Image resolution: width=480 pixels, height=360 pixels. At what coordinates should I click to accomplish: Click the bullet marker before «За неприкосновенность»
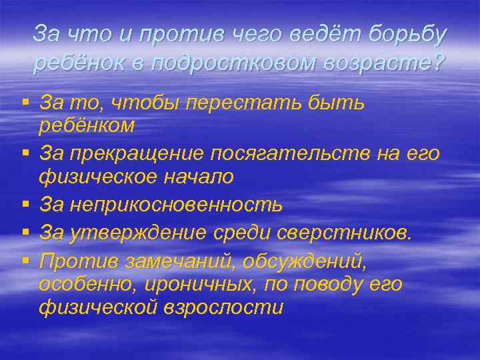pos(25,203)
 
